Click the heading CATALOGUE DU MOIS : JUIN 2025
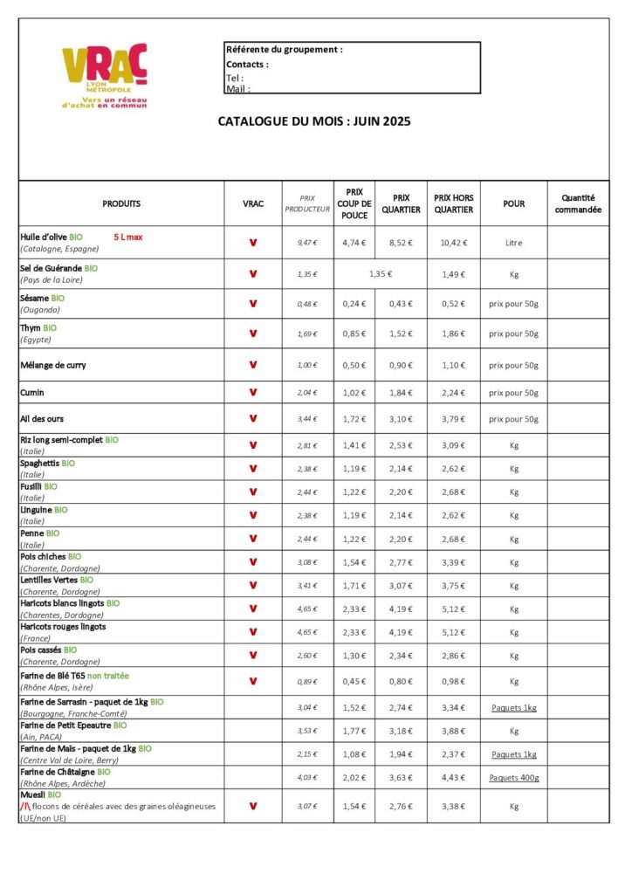314,121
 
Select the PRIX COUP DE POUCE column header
354,203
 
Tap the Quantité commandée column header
578,203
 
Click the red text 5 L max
127,237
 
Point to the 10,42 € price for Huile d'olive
453,243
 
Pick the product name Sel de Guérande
52,268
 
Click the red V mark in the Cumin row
253,392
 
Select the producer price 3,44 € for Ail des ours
307,419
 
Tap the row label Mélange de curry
52,365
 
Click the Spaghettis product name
40,463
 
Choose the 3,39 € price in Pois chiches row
453,562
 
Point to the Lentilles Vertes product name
49,580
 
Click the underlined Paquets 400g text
513,778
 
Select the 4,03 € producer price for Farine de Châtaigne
307,778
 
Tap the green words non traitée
108,676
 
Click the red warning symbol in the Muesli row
24,807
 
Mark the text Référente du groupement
284,50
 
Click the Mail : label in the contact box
237,88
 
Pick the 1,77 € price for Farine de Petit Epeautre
354,731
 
